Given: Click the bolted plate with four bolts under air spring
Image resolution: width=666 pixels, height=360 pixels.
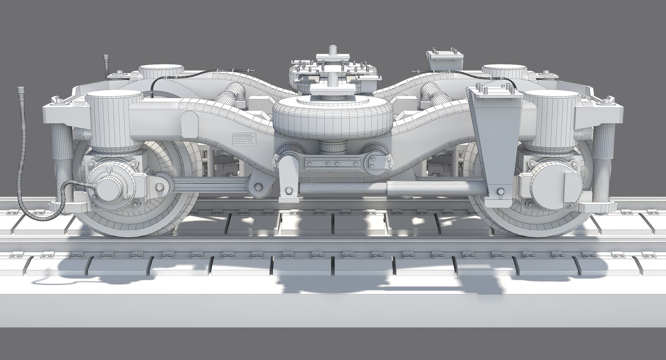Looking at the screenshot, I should [331, 163].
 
